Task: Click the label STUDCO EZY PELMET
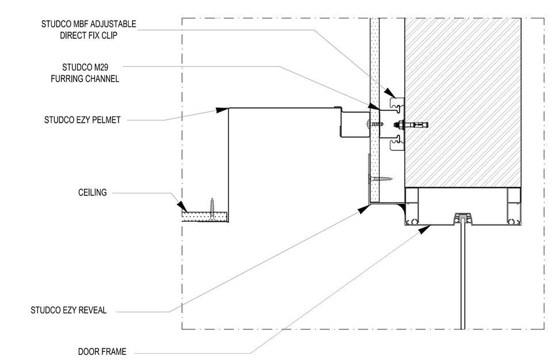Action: coord(82,120)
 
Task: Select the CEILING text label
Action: coord(92,192)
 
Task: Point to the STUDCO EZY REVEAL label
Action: coord(68,310)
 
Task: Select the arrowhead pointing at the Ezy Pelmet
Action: coord(220,109)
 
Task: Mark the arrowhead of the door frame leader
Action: coord(423,229)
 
